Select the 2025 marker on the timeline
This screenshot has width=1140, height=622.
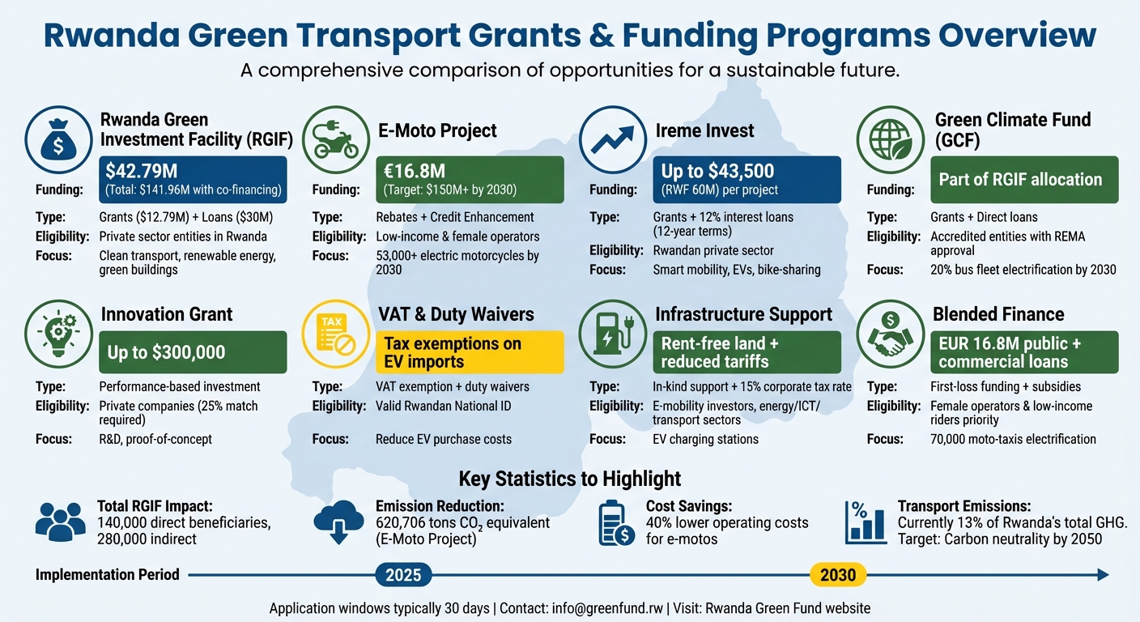(x=403, y=575)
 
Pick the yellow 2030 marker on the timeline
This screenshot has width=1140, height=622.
(x=838, y=575)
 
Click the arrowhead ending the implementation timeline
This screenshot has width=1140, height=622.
(x=1102, y=575)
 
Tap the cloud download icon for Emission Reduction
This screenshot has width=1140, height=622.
(x=338, y=522)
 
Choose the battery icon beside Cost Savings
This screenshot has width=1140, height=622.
(x=615, y=522)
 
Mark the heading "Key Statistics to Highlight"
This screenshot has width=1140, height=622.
(x=569, y=478)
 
